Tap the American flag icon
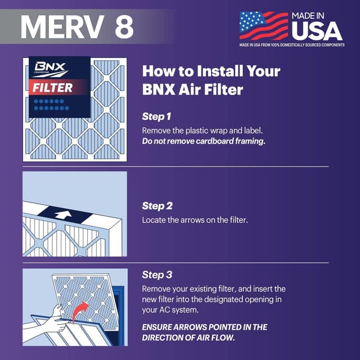pos(263,26)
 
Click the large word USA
pos(317,29)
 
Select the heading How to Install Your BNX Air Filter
pos(211,80)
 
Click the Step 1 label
pos(156,116)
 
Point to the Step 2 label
pos(156,205)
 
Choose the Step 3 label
pos(156,275)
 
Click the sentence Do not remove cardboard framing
pos(203,141)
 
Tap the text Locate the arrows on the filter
pos(195,220)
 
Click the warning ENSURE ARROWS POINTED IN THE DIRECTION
pos(204,332)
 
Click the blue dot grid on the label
pos(51,104)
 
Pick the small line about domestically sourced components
pos(291,45)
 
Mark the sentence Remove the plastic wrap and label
pos(200,130)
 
